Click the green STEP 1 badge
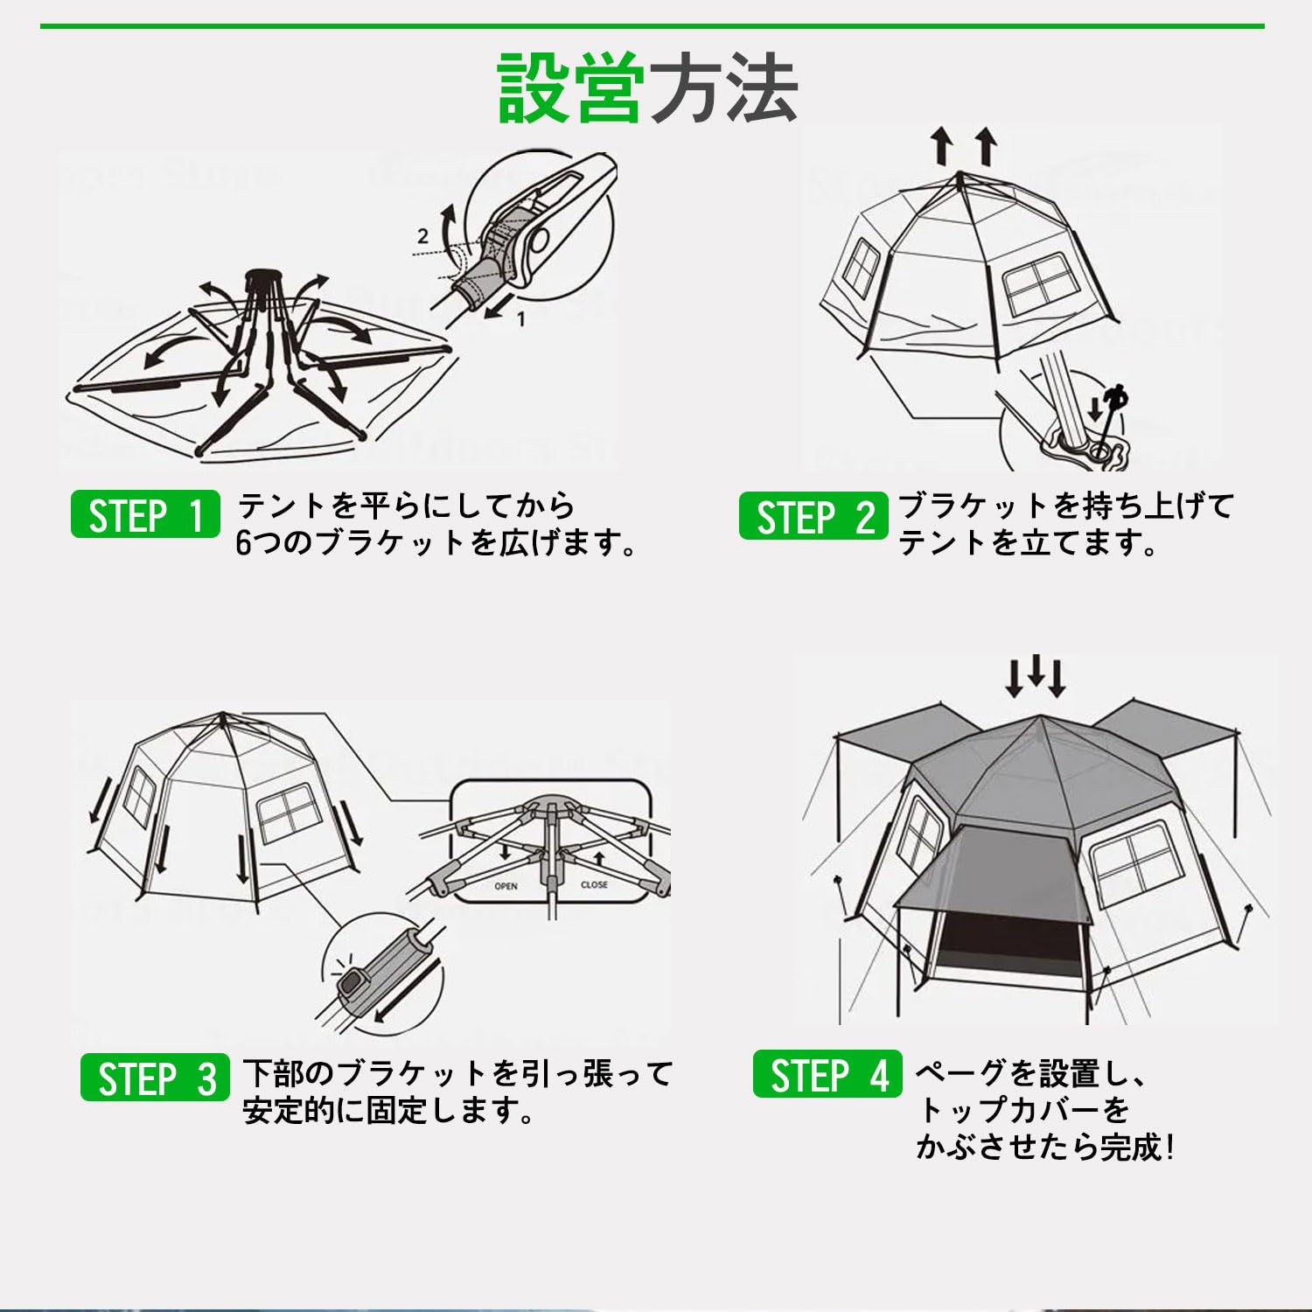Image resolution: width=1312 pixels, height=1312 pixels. [145, 514]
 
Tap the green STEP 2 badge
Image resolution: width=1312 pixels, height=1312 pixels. [813, 516]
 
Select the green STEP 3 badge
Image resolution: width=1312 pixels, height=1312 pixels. [155, 1078]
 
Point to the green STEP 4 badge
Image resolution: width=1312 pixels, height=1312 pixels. [827, 1075]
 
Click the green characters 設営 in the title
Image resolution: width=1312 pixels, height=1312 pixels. [571, 88]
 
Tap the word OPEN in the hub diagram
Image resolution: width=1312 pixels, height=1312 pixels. [506, 886]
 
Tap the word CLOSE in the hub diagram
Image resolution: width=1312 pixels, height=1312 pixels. [594, 884]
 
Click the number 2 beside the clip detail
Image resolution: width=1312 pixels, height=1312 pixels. [423, 235]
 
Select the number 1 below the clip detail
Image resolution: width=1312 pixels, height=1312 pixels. [521, 319]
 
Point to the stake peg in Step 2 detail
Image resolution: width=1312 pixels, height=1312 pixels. [1113, 418]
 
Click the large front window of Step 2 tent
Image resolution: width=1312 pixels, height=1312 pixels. [1038, 284]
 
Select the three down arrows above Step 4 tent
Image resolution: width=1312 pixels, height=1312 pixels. [1036, 676]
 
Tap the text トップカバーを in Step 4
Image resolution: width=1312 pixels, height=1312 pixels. [1022, 1110]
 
